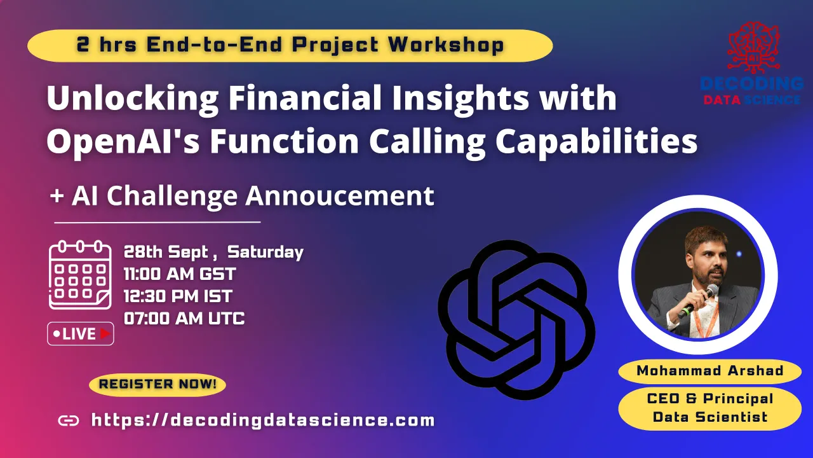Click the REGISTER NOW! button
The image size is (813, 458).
click(x=157, y=384)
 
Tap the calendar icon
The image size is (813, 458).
click(x=80, y=275)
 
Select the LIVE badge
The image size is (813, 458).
click(x=81, y=334)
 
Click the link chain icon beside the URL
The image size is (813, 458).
click(x=69, y=420)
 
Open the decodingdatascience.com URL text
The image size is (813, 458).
click(x=263, y=420)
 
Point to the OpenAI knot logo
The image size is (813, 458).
click(x=516, y=320)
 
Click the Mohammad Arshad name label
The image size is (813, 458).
click(x=710, y=371)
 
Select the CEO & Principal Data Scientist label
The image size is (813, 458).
click(x=710, y=408)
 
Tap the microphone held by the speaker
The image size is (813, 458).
click(x=699, y=300)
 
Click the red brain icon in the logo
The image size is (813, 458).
click(x=753, y=47)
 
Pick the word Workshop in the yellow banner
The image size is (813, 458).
click(x=446, y=45)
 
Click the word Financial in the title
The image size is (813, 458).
click(x=305, y=97)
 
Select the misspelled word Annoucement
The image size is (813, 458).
click(x=340, y=195)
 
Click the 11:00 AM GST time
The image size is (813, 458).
click(x=180, y=274)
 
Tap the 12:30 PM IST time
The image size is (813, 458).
click(x=178, y=296)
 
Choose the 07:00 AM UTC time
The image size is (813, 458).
click(x=184, y=319)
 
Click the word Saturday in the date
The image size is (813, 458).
click(x=265, y=253)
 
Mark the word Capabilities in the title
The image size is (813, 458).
click(x=596, y=142)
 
